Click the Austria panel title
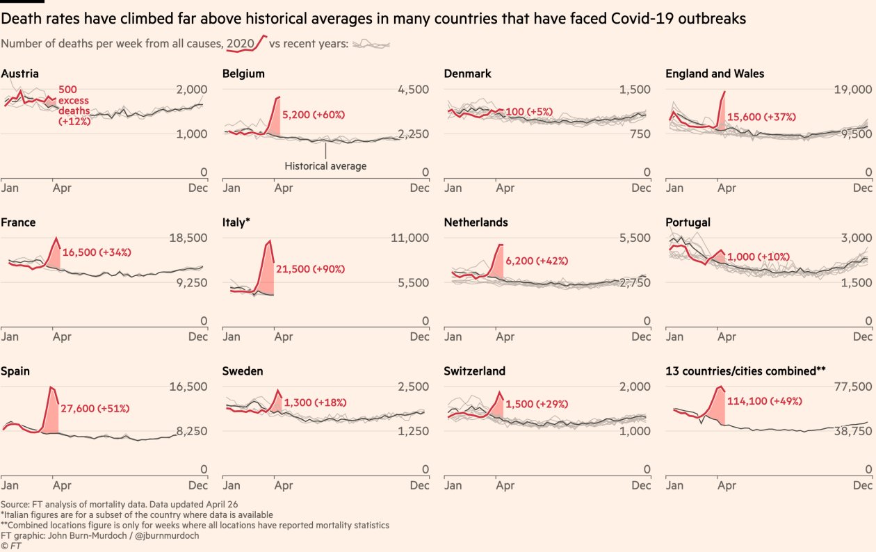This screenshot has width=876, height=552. pos(20,74)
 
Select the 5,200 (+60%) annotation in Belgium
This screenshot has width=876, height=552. pos(314,115)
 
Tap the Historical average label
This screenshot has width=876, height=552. pos(325,166)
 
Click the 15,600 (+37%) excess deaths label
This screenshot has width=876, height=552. pos(761,117)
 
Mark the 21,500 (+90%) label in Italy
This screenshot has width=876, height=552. pos(310,269)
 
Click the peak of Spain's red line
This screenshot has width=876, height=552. pos(51,387)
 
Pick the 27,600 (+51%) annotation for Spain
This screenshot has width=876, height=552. pos(95,408)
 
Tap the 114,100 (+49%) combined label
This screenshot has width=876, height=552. pos(764,401)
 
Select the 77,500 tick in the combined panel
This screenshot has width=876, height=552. pos(852,387)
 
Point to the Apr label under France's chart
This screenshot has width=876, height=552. pos(62,336)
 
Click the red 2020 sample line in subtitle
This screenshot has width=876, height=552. pos(247,44)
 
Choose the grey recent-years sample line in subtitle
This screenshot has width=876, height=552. pos(371,44)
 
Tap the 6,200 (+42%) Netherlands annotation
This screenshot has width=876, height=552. pos(537,261)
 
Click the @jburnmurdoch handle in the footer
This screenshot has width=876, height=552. pos(170,536)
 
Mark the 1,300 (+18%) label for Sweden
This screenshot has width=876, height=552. pos(315,403)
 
